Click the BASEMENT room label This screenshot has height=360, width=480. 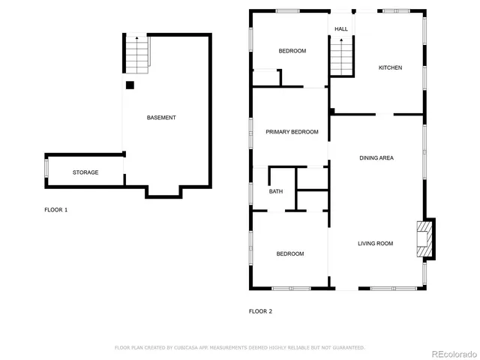click(x=161, y=118)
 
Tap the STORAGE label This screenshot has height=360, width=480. click(x=85, y=172)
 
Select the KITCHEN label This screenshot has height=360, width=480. click(x=390, y=67)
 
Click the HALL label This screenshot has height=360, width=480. click(x=341, y=29)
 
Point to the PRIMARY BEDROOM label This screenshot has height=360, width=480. click(x=292, y=132)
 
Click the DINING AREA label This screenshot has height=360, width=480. click(x=376, y=157)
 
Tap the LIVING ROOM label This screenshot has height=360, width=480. click(x=375, y=243)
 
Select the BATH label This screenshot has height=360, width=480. click(x=276, y=192)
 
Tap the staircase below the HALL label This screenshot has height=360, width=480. click(x=341, y=58)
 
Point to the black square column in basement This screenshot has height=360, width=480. click(x=130, y=85)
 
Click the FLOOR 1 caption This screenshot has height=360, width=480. click(x=56, y=210)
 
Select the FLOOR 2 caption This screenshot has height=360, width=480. click(x=260, y=310)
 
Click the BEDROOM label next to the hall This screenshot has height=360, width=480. click(x=292, y=51)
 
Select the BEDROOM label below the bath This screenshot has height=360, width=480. click(x=290, y=253)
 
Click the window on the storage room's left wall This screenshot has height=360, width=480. click(x=46, y=169)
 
